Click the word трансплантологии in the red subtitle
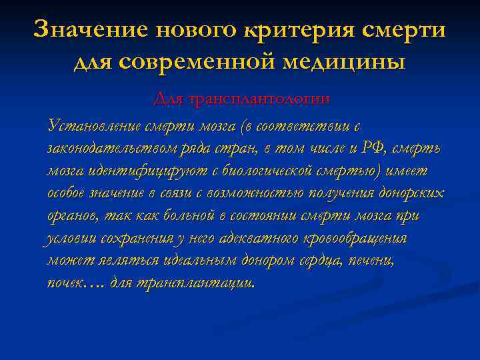pyautogui.click(x=260, y=99)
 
